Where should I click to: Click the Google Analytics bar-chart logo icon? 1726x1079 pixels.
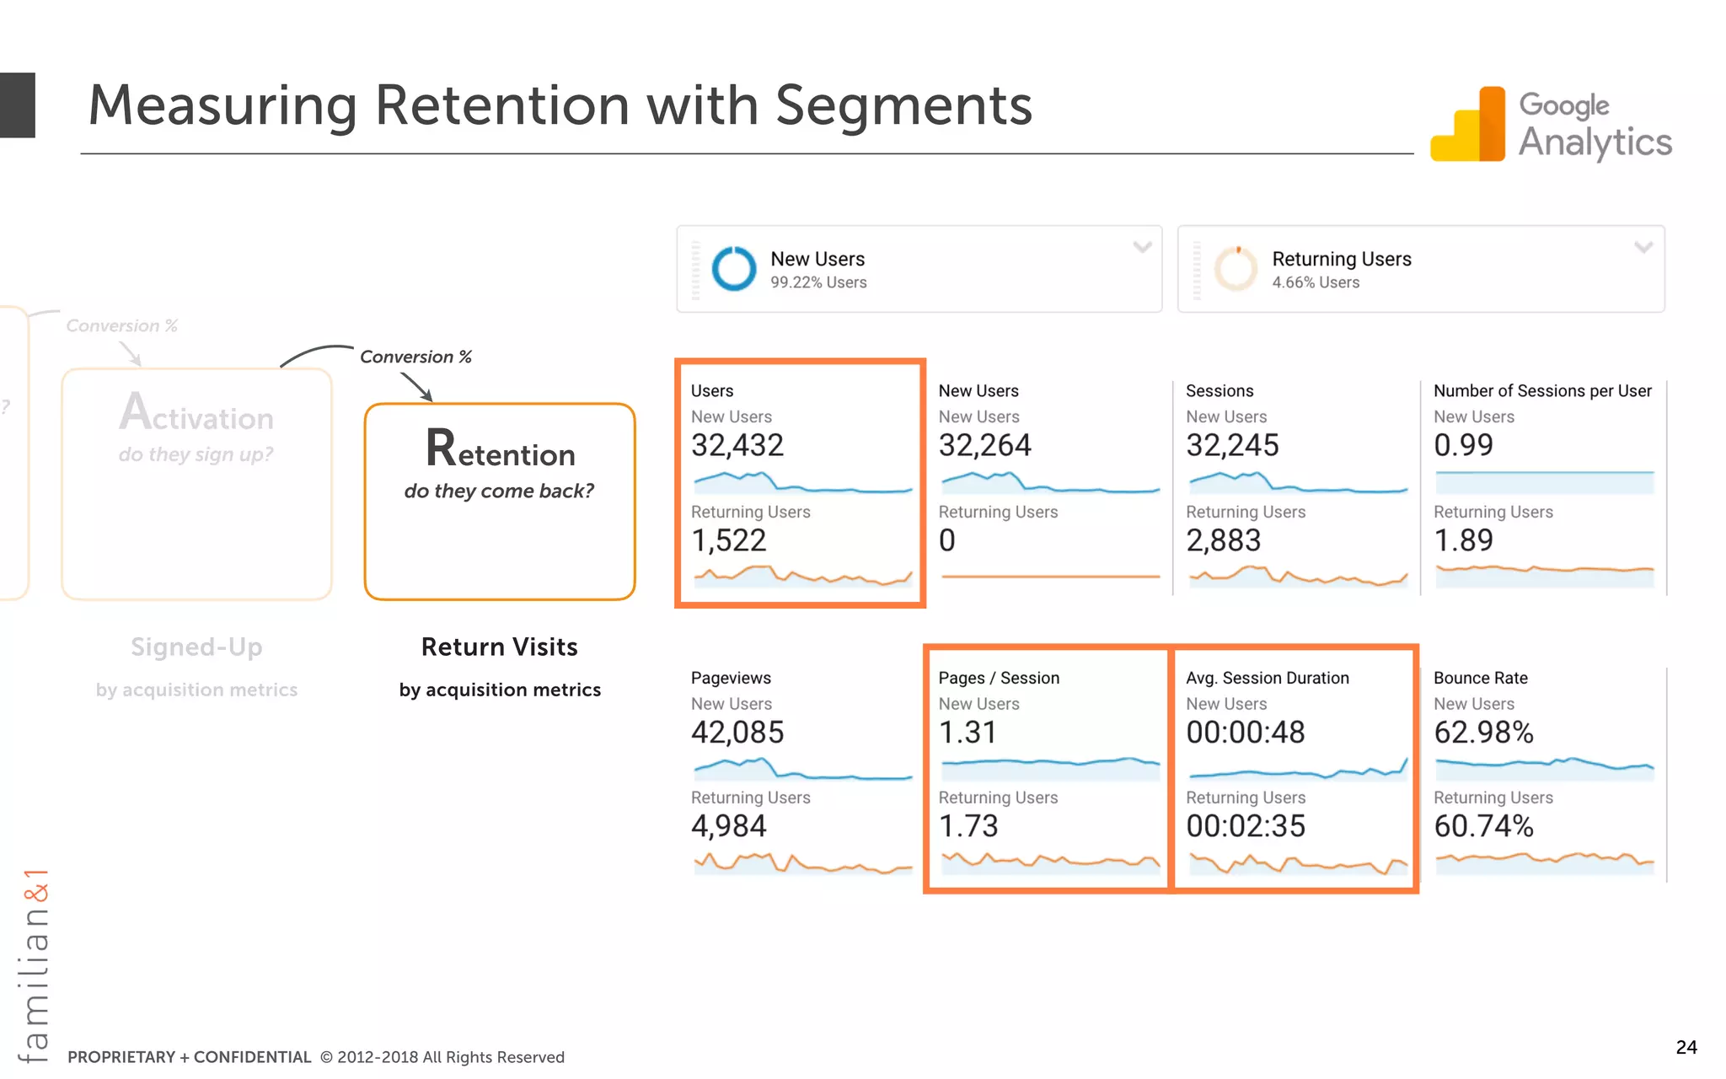[x=1468, y=125]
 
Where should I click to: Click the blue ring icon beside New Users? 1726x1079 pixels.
[x=734, y=269]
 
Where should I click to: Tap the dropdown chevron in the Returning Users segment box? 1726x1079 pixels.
[x=1643, y=247]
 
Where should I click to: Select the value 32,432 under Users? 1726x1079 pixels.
[x=737, y=445]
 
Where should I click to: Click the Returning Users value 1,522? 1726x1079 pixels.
[x=728, y=540]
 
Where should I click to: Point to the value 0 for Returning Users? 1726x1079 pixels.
[x=946, y=540]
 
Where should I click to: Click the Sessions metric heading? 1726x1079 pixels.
[x=1219, y=391]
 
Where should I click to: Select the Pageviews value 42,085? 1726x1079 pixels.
[x=737, y=733]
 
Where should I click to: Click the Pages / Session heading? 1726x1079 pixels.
[x=998, y=678]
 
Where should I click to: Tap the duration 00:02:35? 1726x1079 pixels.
[x=1245, y=826]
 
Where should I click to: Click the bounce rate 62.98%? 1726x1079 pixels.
[x=1482, y=733]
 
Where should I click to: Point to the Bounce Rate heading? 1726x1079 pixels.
[x=1480, y=678]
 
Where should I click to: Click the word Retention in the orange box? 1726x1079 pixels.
[x=500, y=450]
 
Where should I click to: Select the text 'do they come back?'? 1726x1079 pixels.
[x=499, y=491]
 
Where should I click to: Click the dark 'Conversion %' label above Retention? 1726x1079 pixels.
[x=415, y=357]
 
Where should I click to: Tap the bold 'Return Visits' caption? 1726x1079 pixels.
[x=499, y=647]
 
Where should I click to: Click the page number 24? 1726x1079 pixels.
[x=1686, y=1047]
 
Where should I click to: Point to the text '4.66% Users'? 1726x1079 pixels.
[x=1315, y=282]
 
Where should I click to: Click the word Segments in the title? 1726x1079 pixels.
[x=903, y=106]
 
